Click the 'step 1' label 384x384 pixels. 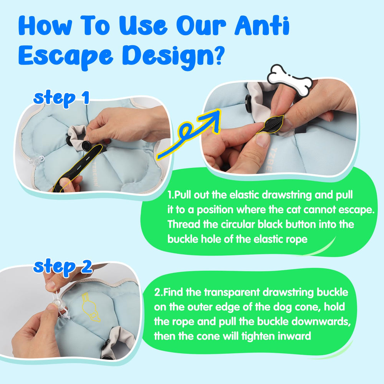click(x=61, y=98)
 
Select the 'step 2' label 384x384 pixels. click(x=62, y=267)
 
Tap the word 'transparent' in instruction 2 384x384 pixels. click(x=229, y=293)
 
